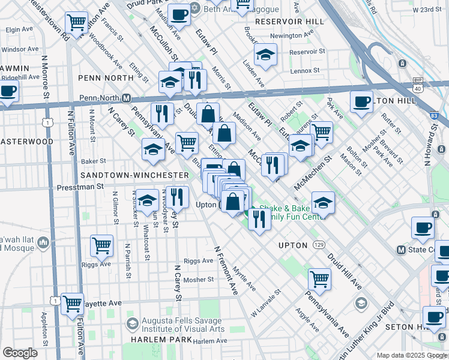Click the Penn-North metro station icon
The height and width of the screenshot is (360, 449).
coord(127,98)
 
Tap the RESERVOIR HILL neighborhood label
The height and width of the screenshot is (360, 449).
coord(289,22)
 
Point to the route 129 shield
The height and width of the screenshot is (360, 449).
coord(319,245)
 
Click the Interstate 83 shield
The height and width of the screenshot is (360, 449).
coord(433,115)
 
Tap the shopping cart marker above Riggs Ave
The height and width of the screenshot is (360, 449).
coord(101,245)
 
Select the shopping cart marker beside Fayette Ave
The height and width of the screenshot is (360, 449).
coord(73,303)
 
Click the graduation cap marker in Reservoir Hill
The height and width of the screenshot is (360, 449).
coord(265,56)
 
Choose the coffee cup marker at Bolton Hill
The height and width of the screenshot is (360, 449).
coord(361,101)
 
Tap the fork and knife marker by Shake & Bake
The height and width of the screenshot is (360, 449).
coord(259,220)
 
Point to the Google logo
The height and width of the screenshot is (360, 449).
coord(20,353)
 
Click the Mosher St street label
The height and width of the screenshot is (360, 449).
coord(199,280)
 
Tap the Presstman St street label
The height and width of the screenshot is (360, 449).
coord(80,187)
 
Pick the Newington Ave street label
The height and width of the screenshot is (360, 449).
coord(294,36)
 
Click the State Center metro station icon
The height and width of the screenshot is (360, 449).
coord(402,250)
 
